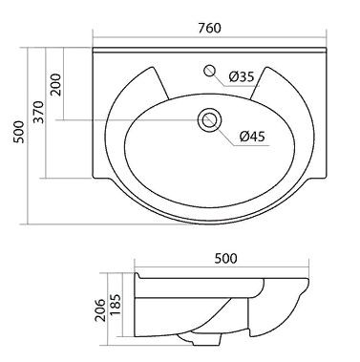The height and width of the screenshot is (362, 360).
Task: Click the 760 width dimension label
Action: coord(211,28)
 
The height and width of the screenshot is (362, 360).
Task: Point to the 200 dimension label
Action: coord(56,84)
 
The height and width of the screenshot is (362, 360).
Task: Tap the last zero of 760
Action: coord(221,28)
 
